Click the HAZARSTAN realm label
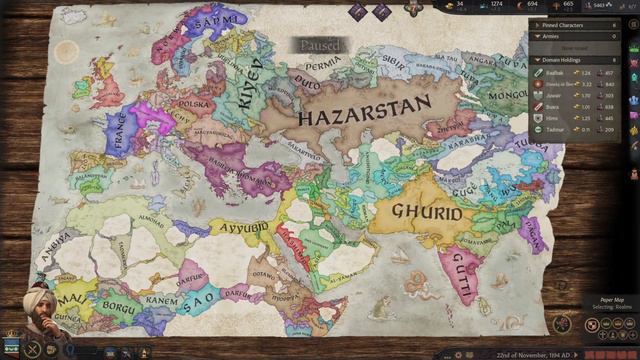tap(362, 107)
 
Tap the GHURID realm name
tap(426, 213)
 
